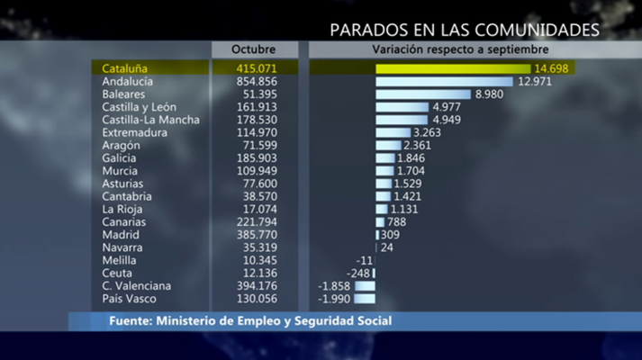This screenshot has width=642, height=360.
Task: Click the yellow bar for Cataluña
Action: pyautogui.click(x=453, y=68)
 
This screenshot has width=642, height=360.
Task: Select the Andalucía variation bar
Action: pyautogui.click(x=444, y=82)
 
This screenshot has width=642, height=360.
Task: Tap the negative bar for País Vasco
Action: pyautogui.click(x=365, y=298)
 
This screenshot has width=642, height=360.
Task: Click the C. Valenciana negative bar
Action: pyautogui.click(x=365, y=285)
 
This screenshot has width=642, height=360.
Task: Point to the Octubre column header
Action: pyautogui.click(x=253, y=49)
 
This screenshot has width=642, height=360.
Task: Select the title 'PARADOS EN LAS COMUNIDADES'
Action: pyautogui.click(x=464, y=30)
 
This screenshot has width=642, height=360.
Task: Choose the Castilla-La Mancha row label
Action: pyautogui.click(x=151, y=120)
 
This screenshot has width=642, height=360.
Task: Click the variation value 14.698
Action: pyautogui.click(x=552, y=68)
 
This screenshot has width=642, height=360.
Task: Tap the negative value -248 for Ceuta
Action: pyautogui.click(x=357, y=273)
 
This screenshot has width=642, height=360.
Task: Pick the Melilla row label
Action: pyautogui.click(x=120, y=260)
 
